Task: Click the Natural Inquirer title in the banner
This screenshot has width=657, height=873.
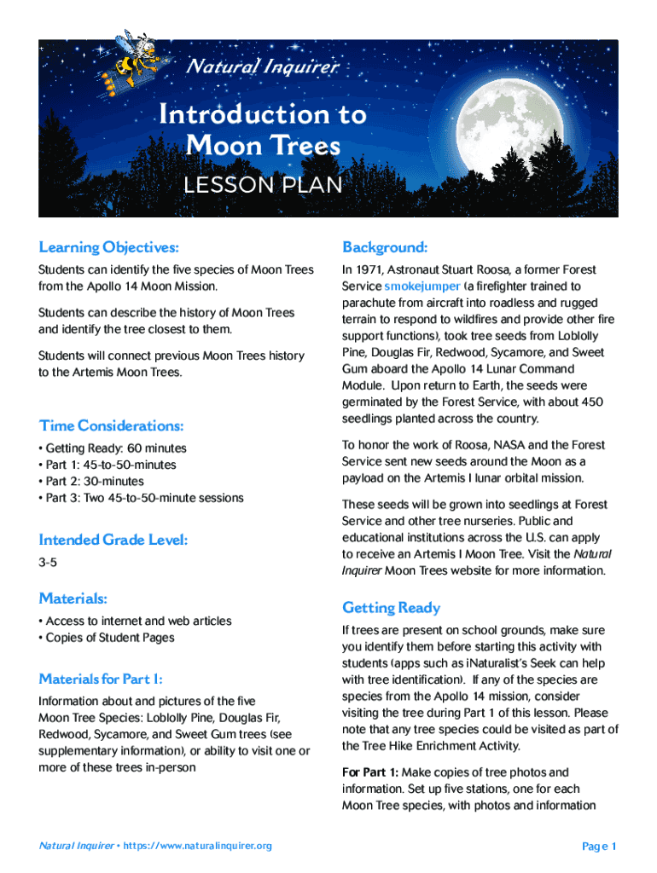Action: (263, 66)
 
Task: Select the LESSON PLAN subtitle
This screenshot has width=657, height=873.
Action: (264, 185)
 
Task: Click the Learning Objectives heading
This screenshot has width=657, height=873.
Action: (109, 247)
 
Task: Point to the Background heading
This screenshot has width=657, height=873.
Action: (385, 247)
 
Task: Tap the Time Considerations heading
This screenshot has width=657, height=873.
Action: (111, 425)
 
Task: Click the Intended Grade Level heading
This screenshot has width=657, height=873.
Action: (113, 540)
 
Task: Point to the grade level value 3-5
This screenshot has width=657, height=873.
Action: (48, 564)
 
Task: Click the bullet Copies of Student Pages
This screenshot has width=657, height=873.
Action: (109, 638)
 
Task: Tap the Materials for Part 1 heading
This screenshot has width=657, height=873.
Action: (100, 679)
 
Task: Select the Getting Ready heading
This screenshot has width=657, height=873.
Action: (392, 608)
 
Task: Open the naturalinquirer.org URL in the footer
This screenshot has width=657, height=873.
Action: (197, 846)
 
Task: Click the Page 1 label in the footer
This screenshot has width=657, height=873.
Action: (599, 846)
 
